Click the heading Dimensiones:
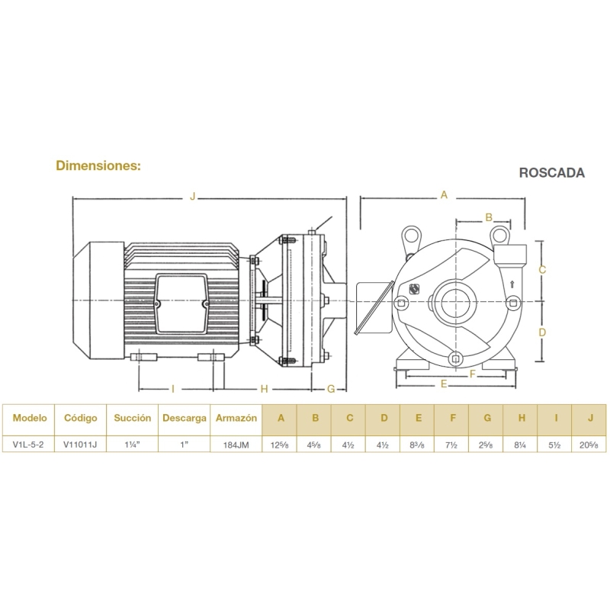98,165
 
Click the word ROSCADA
551,173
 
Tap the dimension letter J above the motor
193,196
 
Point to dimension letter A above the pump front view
444,194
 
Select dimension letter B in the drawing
489,217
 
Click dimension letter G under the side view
331,389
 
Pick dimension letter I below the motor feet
173,389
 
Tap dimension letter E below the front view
444,384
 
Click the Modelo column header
30,418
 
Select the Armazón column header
236,418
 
